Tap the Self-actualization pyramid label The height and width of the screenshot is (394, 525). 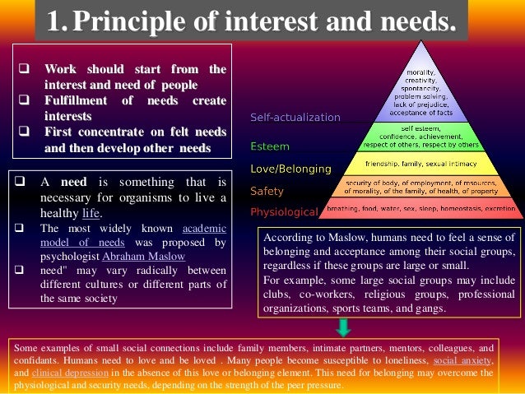tap(295, 118)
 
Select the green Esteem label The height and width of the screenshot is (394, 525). tap(269, 146)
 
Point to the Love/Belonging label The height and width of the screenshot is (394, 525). tap(290, 169)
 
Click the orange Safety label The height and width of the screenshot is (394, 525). tap(267, 191)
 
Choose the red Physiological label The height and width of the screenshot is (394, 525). tap(284, 212)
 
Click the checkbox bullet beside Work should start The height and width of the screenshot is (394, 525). tap(22, 69)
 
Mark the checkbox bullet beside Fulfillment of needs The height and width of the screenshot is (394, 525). tap(22, 100)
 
